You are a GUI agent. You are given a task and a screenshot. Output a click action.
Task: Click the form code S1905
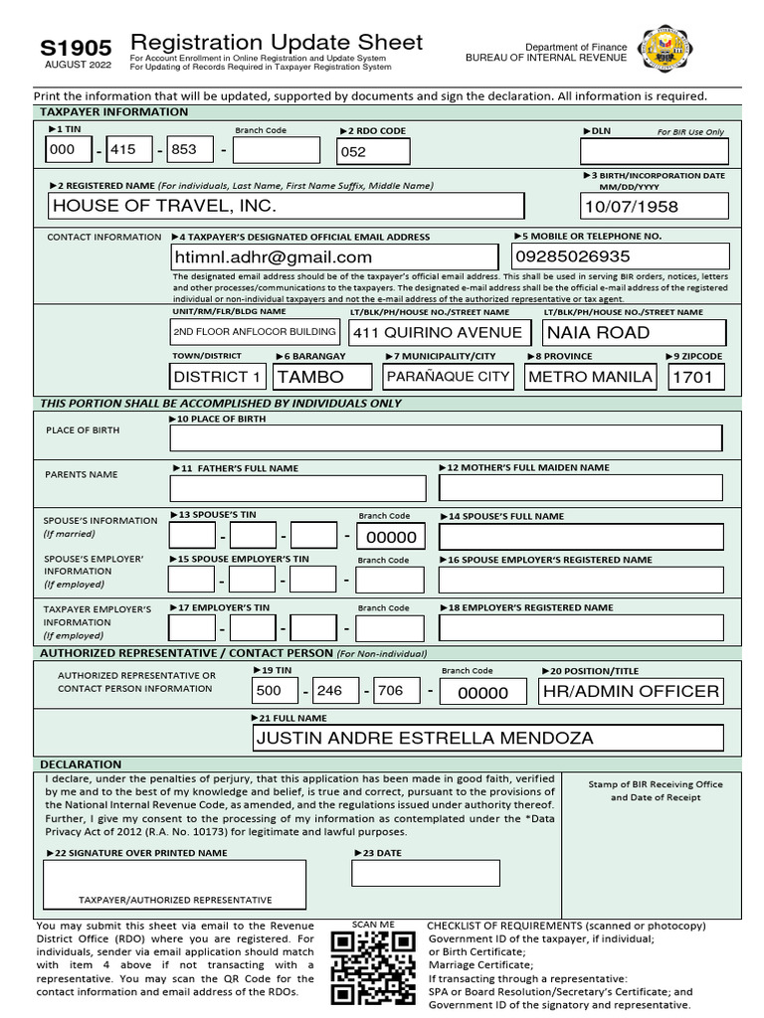[x=76, y=48]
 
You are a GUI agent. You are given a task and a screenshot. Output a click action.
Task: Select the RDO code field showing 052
[x=373, y=151]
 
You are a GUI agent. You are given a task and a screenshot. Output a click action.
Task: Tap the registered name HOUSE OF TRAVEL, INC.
[x=286, y=206]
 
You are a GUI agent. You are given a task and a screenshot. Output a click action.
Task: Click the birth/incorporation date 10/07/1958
[x=655, y=207]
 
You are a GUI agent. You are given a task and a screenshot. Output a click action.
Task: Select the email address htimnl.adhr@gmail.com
[x=333, y=256]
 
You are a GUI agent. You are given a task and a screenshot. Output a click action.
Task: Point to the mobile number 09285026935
[x=620, y=256]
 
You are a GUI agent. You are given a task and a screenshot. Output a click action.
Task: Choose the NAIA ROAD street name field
[x=634, y=332]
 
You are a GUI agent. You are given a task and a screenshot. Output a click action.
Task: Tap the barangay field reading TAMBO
[x=321, y=377]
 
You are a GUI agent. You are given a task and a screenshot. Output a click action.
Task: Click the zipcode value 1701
[x=696, y=377]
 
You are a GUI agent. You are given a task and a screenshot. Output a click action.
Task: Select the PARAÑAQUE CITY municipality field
[x=448, y=377]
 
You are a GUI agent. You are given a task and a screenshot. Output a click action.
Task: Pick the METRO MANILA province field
[x=590, y=377]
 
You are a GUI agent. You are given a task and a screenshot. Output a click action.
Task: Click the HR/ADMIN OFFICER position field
[x=631, y=691]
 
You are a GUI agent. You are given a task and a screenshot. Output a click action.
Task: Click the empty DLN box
[x=654, y=151]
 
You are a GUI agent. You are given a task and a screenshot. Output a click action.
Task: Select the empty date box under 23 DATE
[x=425, y=873]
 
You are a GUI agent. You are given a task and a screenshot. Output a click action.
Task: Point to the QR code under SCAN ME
[x=372, y=968]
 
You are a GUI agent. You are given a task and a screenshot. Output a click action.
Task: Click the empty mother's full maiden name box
[x=581, y=488]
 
